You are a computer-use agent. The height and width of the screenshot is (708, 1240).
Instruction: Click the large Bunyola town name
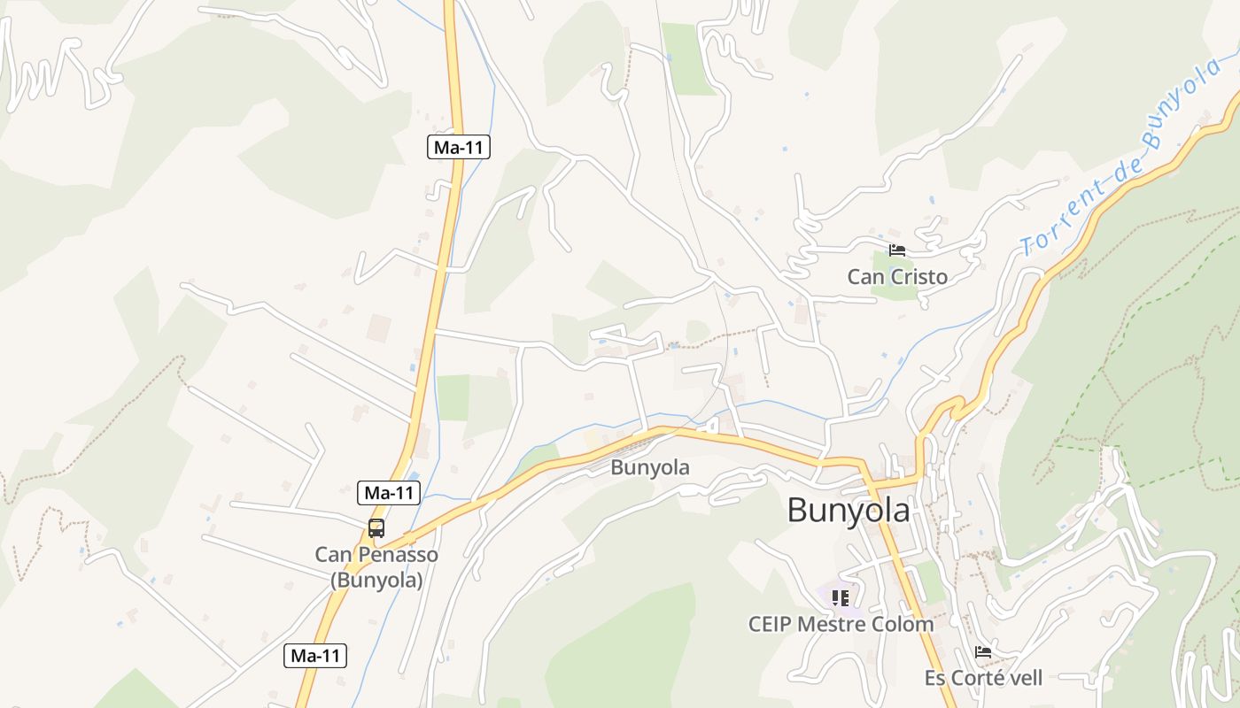point(848,511)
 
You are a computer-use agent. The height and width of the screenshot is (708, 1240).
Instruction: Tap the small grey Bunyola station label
point(649,467)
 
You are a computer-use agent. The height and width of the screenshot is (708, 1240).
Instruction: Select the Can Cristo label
point(897,277)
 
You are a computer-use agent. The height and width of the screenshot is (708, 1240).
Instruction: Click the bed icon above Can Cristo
point(897,250)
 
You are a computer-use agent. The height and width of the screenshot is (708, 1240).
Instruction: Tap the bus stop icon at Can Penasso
point(376,528)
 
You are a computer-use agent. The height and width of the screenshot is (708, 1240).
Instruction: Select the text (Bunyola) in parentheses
point(376,581)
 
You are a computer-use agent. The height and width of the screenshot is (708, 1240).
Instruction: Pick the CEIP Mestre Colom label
point(841,624)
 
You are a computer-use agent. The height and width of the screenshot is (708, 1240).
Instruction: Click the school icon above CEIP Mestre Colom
point(841,598)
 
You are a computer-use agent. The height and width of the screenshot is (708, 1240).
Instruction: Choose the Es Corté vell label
point(983,679)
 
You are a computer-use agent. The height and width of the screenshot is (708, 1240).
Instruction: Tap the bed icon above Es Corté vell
point(983,653)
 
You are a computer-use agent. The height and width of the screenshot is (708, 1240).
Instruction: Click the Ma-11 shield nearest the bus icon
point(389,493)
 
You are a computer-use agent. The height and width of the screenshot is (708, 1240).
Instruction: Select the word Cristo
point(918,277)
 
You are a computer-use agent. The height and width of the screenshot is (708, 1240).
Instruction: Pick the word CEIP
point(770,624)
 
